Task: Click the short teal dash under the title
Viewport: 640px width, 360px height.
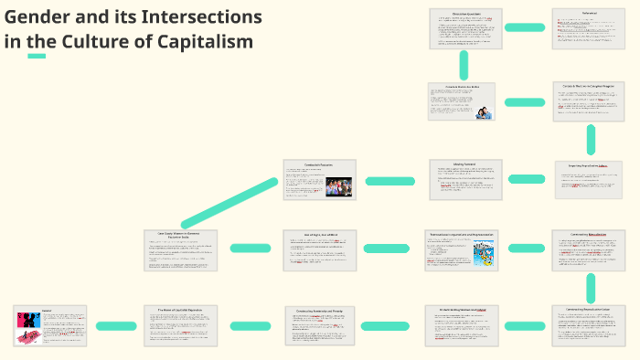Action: point(37,56)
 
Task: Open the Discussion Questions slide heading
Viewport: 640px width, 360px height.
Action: point(465,13)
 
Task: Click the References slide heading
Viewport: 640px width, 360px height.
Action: point(590,13)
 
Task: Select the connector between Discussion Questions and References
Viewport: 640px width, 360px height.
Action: point(528,28)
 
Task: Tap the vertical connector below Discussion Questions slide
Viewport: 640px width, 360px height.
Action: point(465,65)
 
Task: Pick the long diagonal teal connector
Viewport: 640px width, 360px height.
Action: point(229,203)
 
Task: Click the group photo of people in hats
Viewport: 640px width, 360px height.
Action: point(338,187)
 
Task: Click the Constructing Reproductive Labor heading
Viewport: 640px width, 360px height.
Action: point(591,310)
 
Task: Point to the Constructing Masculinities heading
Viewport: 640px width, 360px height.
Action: point(591,234)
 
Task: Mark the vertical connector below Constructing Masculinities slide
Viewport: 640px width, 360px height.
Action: point(591,287)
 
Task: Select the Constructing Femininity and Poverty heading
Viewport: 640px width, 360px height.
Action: point(320,310)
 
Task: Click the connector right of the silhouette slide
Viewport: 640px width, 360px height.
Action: point(116,326)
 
